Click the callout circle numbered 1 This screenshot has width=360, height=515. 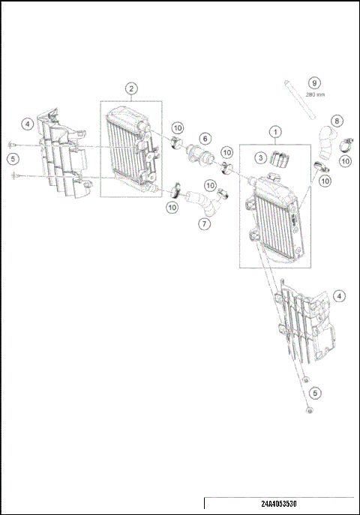(x=276, y=132)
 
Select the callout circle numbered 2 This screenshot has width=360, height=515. (x=131, y=89)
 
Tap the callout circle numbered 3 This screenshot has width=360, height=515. (x=259, y=157)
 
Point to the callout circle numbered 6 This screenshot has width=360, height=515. (x=205, y=139)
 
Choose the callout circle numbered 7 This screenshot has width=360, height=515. (x=205, y=223)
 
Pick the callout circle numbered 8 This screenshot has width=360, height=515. (x=337, y=120)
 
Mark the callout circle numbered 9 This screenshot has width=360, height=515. (x=315, y=82)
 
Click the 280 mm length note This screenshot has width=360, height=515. (x=315, y=95)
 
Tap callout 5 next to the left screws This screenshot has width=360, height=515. (x=13, y=159)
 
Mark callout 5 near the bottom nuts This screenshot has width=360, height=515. (x=315, y=392)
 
